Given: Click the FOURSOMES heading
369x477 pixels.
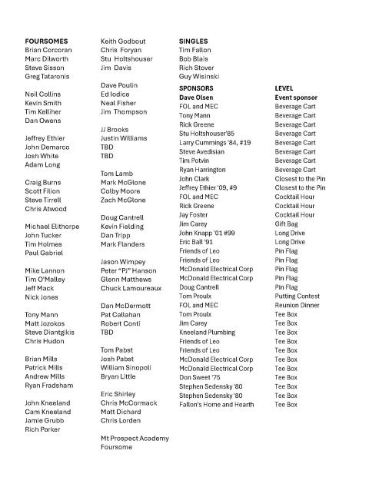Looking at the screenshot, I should coord(46,40).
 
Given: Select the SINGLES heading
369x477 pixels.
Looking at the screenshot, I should coord(193,40).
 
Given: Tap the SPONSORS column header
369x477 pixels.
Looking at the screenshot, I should coord(196,88).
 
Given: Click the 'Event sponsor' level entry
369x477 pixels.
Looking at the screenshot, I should coord(296,98).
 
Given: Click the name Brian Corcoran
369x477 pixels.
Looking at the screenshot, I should coord(52,49).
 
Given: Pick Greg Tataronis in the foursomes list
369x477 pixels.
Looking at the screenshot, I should coord(52,77).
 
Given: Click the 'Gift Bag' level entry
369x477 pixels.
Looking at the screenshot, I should coord(288,224).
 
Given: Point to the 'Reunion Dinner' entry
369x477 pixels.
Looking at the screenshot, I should coord(298,305).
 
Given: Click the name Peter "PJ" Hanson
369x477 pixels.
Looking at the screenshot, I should coord(128,271).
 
